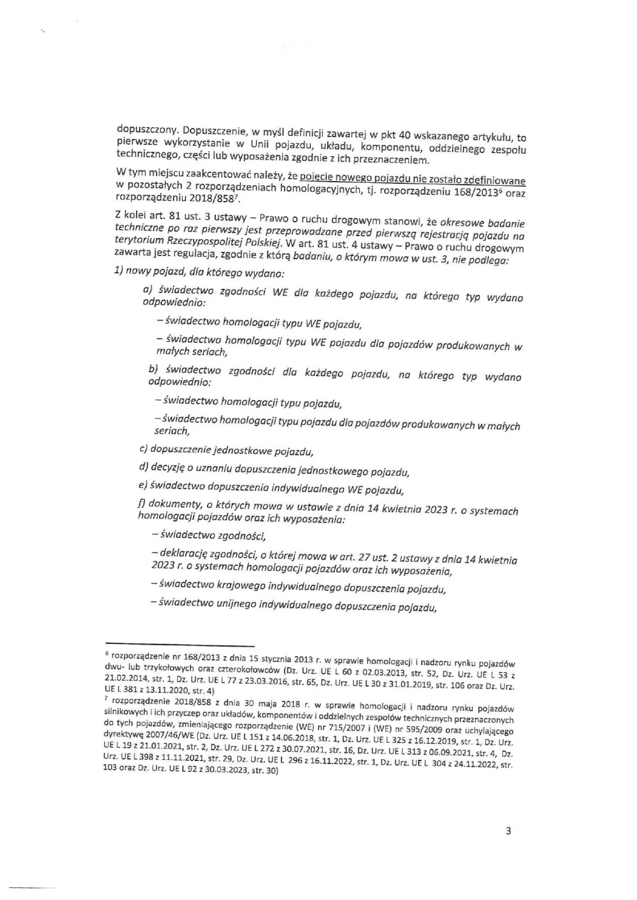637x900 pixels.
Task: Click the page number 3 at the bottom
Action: coord(508,831)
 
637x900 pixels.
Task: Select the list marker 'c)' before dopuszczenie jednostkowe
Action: coord(143,449)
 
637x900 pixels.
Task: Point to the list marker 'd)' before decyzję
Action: coord(143,467)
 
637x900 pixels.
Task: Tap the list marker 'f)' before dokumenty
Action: coord(141,502)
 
